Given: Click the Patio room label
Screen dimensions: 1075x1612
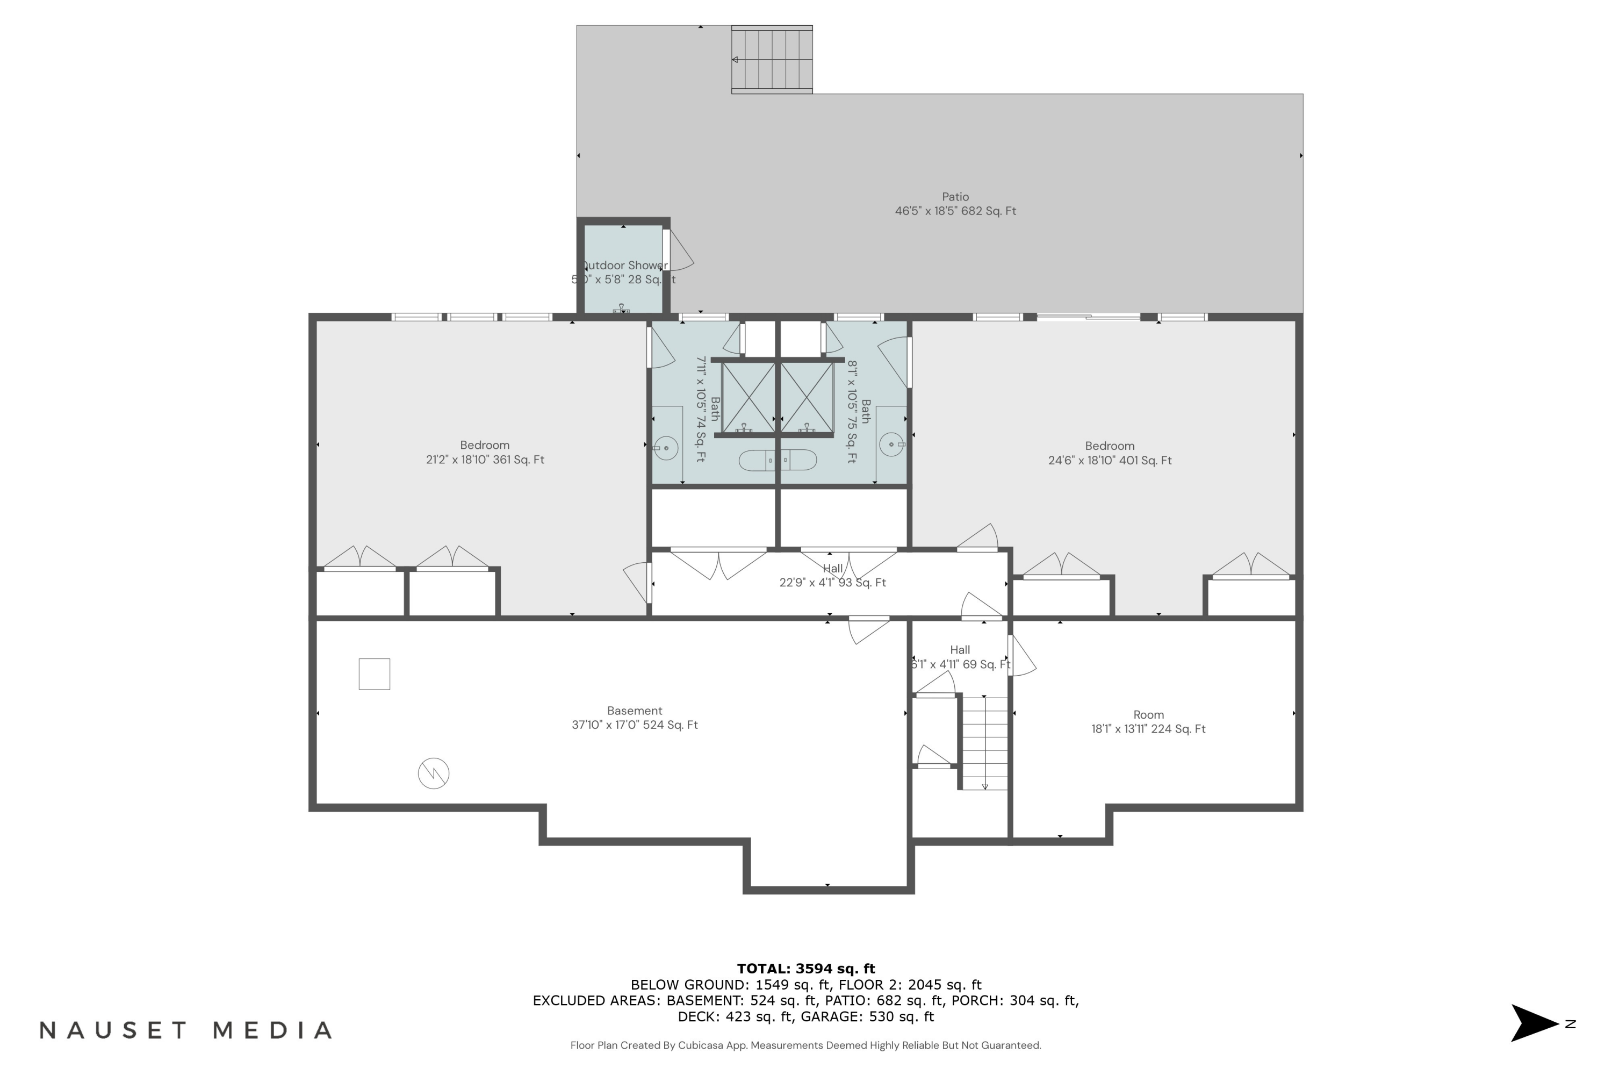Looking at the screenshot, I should click(955, 204).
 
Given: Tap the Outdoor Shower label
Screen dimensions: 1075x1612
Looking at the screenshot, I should click(624, 272).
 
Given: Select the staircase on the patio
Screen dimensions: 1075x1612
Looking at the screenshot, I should click(772, 60).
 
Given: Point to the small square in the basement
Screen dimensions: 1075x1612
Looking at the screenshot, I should click(374, 674).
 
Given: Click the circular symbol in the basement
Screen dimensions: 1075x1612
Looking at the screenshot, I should click(433, 773).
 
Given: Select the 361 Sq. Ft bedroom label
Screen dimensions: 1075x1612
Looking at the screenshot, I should click(485, 453).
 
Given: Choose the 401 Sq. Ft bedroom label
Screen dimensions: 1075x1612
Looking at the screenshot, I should click(1109, 453).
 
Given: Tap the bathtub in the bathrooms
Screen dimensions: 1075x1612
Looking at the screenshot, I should click(777, 460).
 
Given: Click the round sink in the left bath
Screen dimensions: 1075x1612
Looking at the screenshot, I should click(666, 448).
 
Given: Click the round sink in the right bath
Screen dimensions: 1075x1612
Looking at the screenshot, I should click(891, 445).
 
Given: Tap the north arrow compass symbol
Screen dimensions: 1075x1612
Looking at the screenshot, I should click(1535, 1023).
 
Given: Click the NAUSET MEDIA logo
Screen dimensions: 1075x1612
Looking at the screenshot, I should click(186, 1030).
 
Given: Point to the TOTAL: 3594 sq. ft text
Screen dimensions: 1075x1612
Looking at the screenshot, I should click(805, 969).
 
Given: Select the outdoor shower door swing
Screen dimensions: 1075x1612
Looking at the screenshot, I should click(680, 251).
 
